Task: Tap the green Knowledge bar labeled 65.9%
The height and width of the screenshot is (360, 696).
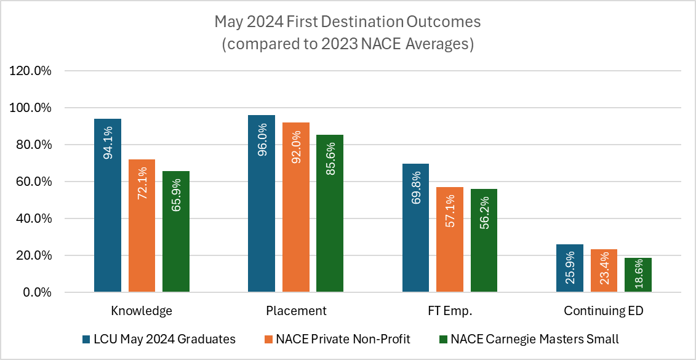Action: point(176,231)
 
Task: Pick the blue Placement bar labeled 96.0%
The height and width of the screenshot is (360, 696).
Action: point(262,203)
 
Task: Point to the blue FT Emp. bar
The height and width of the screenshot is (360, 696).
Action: point(415,228)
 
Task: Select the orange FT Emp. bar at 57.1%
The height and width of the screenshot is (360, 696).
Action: point(450,239)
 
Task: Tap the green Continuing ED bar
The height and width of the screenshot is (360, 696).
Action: point(638,274)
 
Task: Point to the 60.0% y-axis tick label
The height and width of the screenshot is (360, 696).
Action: point(33,182)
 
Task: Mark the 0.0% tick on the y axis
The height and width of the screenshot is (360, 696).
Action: point(36,292)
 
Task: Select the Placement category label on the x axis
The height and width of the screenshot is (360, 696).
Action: point(296,311)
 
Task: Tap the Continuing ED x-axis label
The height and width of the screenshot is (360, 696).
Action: point(604,311)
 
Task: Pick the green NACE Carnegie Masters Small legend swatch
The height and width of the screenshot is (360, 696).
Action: point(442,338)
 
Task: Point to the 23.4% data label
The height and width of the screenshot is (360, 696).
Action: point(604,271)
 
